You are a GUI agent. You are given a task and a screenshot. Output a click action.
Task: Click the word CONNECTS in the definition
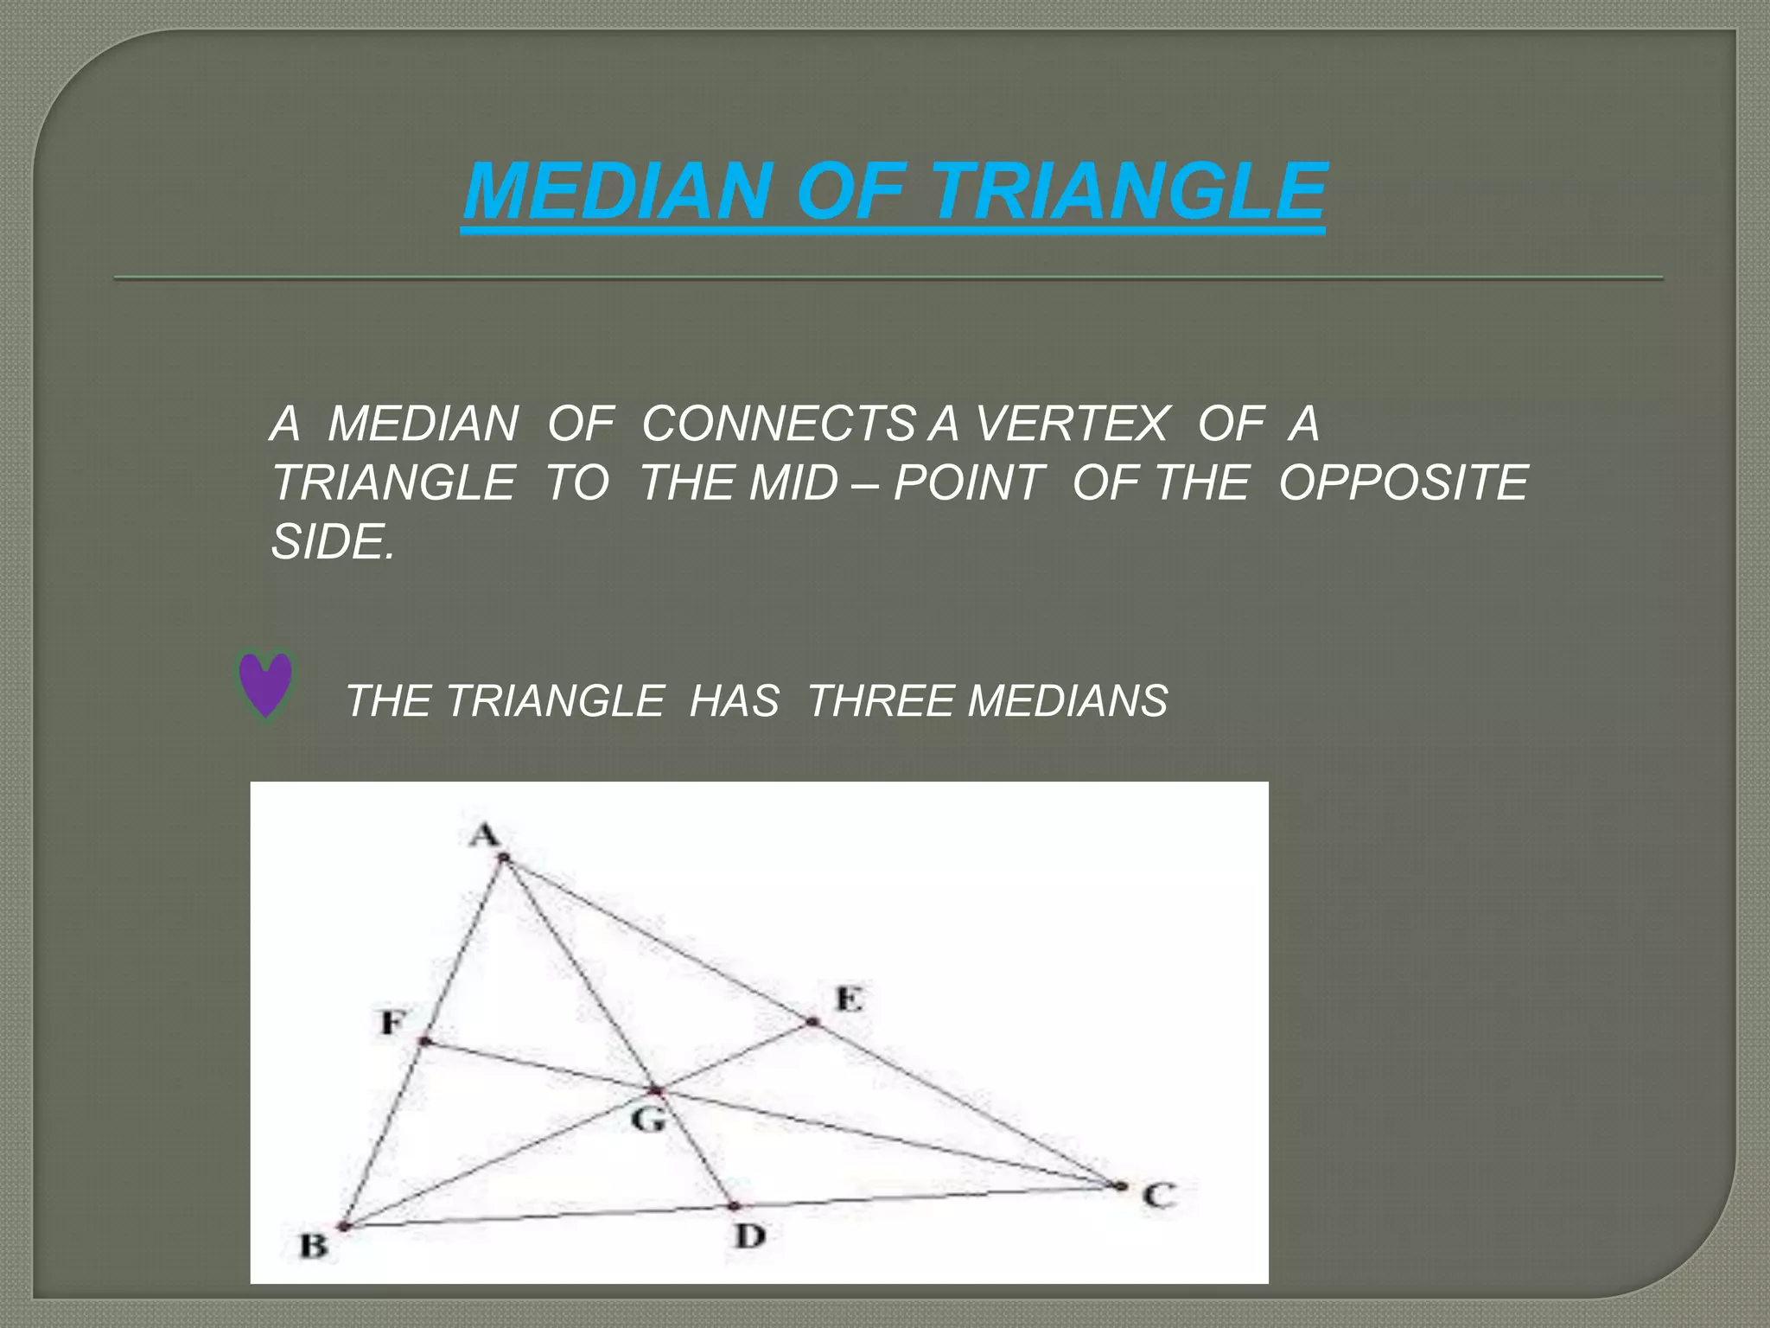pyautogui.click(x=778, y=425)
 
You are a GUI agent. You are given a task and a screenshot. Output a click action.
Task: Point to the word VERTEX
pyautogui.click(x=1072, y=425)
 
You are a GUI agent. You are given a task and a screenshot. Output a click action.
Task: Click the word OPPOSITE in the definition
pyautogui.click(x=1404, y=482)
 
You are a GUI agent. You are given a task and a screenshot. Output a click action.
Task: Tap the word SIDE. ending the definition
pyautogui.click(x=333, y=541)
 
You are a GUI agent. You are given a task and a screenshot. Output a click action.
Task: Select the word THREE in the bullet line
pyautogui.click(x=882, y=700)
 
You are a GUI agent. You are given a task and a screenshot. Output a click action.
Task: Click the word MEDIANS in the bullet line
pyautogui.click(x=1068, y=700)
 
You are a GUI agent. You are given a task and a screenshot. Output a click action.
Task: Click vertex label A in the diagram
pyautogui.click(x=485, y=835)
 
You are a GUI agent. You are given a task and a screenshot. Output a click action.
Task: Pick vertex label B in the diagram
pyautogui.click(x=313, y=1246)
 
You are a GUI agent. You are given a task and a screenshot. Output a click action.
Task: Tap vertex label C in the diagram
pyautogui.click(x=1158, y=1196)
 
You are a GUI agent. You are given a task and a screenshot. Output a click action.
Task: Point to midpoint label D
pyautogui.click(x=749, y=1236)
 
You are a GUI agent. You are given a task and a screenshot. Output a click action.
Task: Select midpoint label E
pyautogui.click(x=849, y=999)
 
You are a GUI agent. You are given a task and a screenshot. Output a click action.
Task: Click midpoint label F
pyautogui.click(x=393, y=1023)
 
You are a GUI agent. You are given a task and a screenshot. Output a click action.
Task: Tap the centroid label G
pyautogui.click(x=648, y=1120)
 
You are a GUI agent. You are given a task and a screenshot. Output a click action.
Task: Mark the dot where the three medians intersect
pyautogui.click(x=656, y=1091)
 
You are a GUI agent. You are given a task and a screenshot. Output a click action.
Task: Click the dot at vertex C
pyautogui.click(x=1121, y=1186)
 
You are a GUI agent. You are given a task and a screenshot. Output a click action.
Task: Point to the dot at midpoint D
pyautogui.click(x=734, y=1205)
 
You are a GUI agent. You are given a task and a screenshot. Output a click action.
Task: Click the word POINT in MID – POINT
pyautogui.click(x=966, y=482)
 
